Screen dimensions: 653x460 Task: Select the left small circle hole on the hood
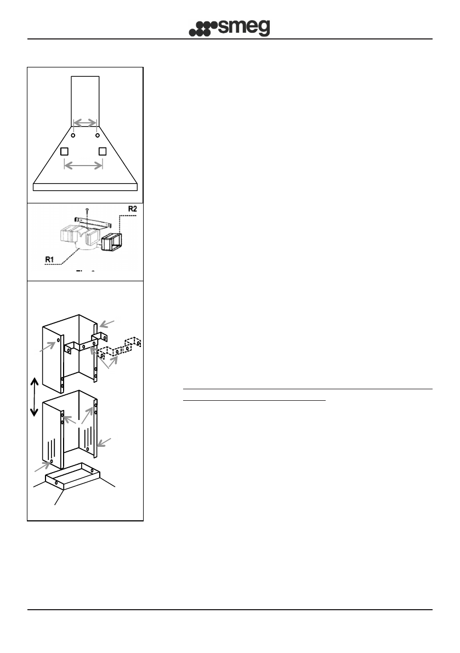[x=73, y=135]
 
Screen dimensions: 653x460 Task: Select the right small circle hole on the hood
[x=98, y=135]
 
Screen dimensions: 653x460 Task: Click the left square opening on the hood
[x=64, y=151]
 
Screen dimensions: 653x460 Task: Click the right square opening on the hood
[x=102, y=151]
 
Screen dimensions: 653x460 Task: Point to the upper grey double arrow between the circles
[x=85, y=122]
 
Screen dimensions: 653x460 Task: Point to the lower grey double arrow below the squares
[x=83, y=164]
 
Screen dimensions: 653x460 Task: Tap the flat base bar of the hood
[x=86, y=186]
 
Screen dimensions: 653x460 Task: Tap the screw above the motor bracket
[x=87, y=211]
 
